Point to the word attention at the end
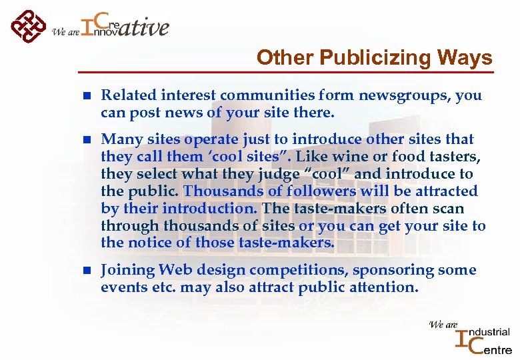click(x=387, y=287)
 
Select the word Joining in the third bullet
click(x=127, y=270)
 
